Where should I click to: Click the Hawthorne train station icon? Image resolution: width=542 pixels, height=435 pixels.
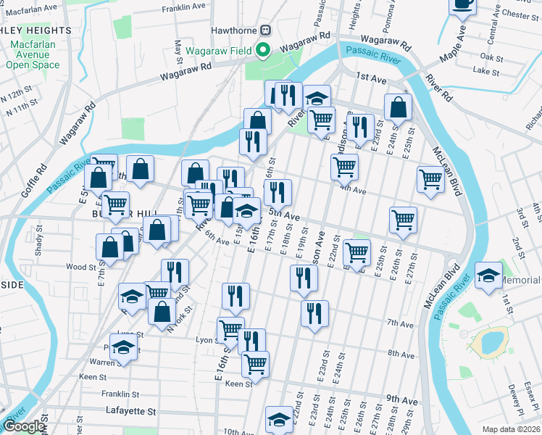(265, 30)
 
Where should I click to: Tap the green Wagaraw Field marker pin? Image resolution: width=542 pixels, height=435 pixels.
(263, 50)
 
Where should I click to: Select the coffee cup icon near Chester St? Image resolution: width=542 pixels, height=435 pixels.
(462, 4)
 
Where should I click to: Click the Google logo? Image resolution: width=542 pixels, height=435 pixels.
(24, 426)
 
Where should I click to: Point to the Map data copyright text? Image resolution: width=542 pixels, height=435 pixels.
(510, 429)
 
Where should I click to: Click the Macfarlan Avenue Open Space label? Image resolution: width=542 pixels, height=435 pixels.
(33, 56)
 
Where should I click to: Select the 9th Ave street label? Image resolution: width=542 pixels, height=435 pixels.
(402, 399)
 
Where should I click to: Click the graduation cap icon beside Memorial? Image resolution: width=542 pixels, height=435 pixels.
(488, 276)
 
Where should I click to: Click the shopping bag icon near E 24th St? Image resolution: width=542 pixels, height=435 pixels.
(398, 107)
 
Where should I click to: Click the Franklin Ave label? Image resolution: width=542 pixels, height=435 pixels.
(184, 7)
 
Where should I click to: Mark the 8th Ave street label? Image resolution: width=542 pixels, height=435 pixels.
(400, 355)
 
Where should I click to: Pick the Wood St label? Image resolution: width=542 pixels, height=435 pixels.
(81, 267)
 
